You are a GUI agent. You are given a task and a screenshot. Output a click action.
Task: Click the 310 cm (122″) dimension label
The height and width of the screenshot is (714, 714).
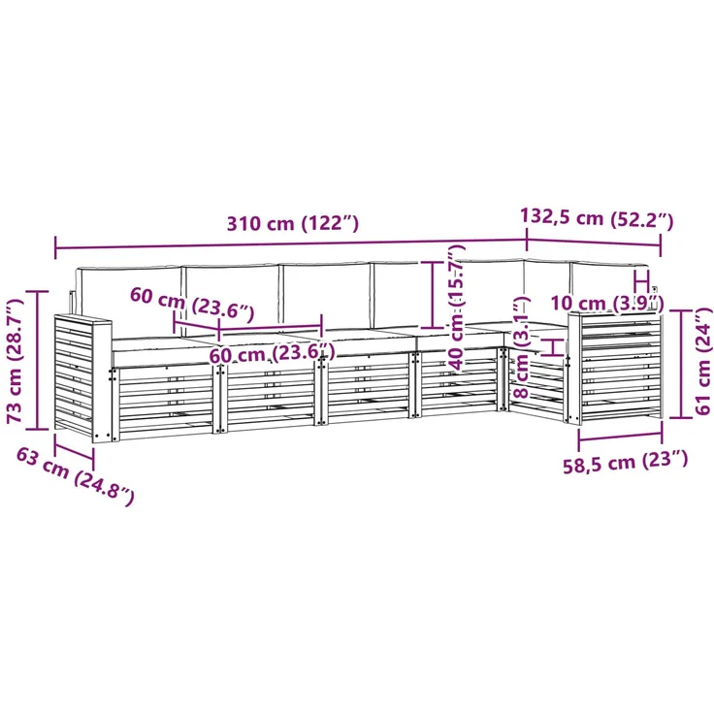pyautogui.click(x=293, y=223)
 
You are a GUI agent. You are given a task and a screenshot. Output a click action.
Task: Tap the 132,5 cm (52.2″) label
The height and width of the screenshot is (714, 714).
pyautogui.click(x=597, y=217)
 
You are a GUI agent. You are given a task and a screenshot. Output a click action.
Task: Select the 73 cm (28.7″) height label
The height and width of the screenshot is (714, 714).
pyautogui.click(x=16, y=361)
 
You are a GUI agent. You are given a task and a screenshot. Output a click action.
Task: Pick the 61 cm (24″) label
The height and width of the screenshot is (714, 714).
pyautogui.click(x=703, y=361)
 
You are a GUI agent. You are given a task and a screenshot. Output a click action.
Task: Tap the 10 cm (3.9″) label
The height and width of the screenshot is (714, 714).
pyautogui.click(x=607, y=304)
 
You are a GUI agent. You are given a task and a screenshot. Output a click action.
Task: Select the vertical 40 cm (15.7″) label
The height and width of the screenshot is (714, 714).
pyautogui.click(x=457, y=307)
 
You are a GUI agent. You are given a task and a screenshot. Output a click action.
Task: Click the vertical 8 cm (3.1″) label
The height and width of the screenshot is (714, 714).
pyautogui.click(x=521, y=347)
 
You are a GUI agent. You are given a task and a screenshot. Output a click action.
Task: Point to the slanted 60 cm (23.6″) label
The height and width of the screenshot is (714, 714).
pyautogui.click(x=192, y=303)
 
